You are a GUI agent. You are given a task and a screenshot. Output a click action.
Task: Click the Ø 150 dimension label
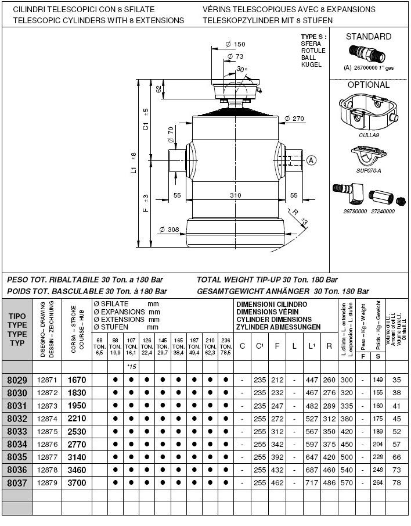click(x=235, y=44)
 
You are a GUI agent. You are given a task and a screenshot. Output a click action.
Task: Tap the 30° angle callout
click(x=241, y=69)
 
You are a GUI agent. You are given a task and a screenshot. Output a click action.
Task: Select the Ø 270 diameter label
click(x=295, y=119)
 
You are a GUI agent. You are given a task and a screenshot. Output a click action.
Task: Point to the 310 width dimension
click(x=235, y=195)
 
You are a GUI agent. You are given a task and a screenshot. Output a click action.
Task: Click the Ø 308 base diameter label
click(x=169, y=230)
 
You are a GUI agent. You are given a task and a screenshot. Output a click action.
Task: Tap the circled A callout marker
click(x=311, y=160)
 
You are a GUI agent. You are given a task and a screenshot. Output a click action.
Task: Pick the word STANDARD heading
click(x=369, y=37)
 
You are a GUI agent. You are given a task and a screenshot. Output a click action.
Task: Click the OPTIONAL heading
click(x=369, y=85)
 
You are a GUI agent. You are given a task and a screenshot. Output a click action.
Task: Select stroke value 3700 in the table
click(x=77, y=483)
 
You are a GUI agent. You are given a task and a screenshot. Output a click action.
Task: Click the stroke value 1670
click(x=77, y=380)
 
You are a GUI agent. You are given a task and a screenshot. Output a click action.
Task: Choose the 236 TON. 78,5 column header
click(x=226, y=347)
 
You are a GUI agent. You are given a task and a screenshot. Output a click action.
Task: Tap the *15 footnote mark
click(x=131, y=367)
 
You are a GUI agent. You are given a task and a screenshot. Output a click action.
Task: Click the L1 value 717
click(x=312, y=483)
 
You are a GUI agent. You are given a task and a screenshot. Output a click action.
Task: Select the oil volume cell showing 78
click(x=397, y=483)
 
